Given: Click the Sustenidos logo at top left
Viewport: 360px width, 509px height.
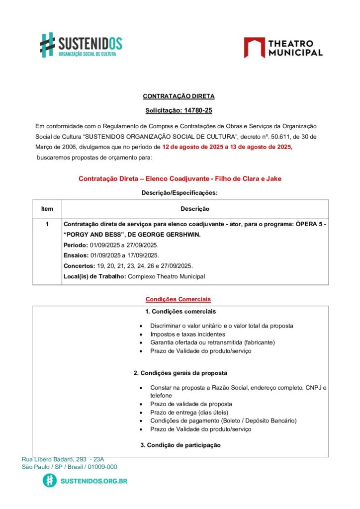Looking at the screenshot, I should pyautogui.click(x=81, y=45).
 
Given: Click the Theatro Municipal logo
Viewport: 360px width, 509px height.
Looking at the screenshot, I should pyautogui.click(x=283, y=48).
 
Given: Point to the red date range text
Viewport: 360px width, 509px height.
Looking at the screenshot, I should pyautogui.click(x=227, y=147).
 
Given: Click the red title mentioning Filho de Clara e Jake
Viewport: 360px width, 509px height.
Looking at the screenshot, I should pyautogui.click(x=180, y=178).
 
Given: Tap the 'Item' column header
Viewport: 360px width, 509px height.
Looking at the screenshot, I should pyautogui.click(x=47, y=209).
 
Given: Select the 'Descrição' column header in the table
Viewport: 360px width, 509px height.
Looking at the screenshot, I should pyautogui.click(x=195, y=209).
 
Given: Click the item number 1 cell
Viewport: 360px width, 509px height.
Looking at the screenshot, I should pyautogui.click(x=47, y=224).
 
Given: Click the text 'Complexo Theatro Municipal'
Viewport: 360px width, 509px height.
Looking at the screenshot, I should pyautogui.click(x=166, y=276).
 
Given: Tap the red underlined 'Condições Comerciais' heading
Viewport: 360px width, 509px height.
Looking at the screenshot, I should pyautogui.click(x=178, y=299).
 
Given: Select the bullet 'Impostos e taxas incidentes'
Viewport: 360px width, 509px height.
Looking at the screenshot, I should pyautogui.click(x=187, y=335).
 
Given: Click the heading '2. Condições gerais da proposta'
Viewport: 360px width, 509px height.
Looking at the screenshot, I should pyautogui.click(x=180, y=373).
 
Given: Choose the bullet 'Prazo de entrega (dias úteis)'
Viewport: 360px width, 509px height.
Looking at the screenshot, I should pyautogui.click(x=189, y=412).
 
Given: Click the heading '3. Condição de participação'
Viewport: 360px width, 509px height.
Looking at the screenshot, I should pyautogui.click(x=180, y=445).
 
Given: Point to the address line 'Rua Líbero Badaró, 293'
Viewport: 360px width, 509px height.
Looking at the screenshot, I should pyautogui.click(x=63, y=459).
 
